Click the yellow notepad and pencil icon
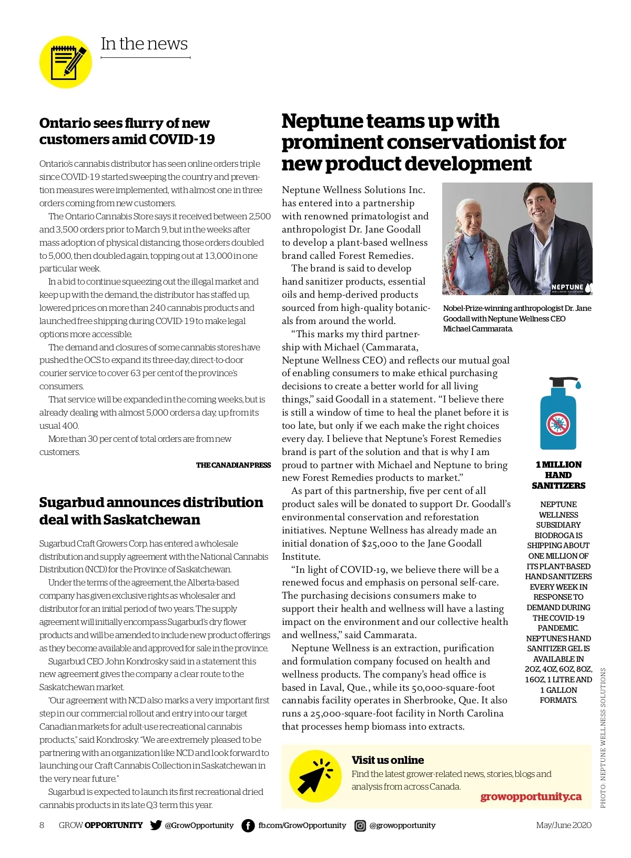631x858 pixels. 66,62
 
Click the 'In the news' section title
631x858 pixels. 144,44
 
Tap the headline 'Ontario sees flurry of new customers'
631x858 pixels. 127,131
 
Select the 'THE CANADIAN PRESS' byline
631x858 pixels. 233,465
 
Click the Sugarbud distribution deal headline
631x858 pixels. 151,511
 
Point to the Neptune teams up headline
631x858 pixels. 423,142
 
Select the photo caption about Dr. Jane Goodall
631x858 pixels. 517,318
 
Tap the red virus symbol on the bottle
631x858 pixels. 558,424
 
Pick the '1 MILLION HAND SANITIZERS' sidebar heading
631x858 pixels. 558,475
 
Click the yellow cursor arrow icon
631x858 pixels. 314,776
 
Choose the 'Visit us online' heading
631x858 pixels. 388,760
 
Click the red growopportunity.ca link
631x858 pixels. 531,796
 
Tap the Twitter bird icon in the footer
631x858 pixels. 156,825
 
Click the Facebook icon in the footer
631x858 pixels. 248,825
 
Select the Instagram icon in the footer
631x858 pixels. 360,825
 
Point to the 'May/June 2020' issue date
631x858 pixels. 563,825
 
